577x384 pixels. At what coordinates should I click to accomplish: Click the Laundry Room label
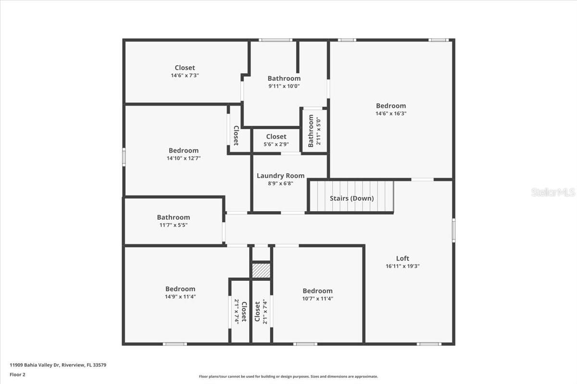pyautogui.click(x=280, y=176)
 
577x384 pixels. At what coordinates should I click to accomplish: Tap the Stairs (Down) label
pyautogui.click(x=351, y=198)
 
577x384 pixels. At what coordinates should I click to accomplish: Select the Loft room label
pyautogui.click(x=402, y=258)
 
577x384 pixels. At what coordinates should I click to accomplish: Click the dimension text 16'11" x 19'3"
pyautogui.click(x=402, y=266)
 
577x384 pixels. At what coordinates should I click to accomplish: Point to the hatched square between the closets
pyautogui.click(x=261, y=270)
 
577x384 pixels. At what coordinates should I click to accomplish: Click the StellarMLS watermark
pyautogui.click(x=553, y=192)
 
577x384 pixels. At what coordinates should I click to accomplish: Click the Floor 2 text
pyautogui.click(x=17, y=374)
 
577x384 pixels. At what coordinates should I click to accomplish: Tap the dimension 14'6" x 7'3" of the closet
pyautogui.click(x=185, y=75)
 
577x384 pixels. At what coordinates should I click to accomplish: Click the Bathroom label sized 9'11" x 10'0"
pyautogui.click(x=284, y=78)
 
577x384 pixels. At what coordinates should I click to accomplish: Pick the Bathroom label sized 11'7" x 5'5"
pyautogui.click(x=173, y=217)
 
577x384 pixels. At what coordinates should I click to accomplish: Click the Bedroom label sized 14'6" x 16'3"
pyautogui.click(x=390, y=106)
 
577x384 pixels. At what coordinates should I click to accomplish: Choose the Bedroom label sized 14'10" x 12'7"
pyautogui.click(x=183, y=151)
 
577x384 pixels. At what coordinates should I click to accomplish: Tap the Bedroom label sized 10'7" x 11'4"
pyautogui.click(x=317, y=291)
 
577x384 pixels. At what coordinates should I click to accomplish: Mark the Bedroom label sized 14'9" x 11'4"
pyautogui.click(x=180, y=289)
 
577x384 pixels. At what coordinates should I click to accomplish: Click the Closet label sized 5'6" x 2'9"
pyautogui.click(x=276, y=137)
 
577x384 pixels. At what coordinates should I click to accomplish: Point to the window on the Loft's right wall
pyautogui.click(x=453, y=230)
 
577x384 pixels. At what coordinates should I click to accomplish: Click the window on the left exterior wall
pyautogui.click(x=124, y=157)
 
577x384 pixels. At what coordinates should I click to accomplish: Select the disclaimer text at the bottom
pyautogui.click(x=288, y=377)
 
